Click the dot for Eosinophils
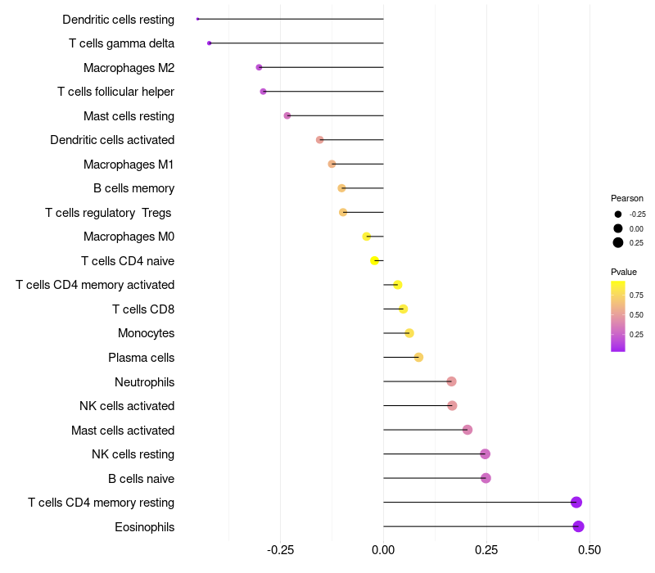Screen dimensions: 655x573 [x=578, y=526]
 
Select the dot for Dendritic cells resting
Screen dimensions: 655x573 [x=197, y=19]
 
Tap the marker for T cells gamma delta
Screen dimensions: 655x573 [x=210, y=43]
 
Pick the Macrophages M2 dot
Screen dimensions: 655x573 [x=259, y=67]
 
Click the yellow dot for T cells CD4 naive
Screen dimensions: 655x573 [x=374, y=260]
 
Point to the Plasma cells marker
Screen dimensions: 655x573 [x=418, y=357]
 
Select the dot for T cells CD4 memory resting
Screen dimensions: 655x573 [x=576, y=502]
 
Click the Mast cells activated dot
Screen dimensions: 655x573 [x=468, y=430]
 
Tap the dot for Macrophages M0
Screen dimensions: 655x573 [x=366, y=237]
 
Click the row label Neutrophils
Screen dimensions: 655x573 [x=145, y=382]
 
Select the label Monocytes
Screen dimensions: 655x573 [x=147, y=333]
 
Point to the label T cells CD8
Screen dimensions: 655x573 [x=143, y=309]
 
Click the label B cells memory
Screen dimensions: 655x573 [x=133, y=188]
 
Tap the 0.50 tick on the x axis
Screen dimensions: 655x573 [x=589, y=550]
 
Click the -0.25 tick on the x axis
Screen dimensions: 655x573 [x=280, y=550]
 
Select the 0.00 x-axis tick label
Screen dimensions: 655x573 [x=383, y=550]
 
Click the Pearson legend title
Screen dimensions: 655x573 [x=627, y=198]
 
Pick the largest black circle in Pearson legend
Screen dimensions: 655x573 [x=618, y=242]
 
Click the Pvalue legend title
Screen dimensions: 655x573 [x=624, y=272]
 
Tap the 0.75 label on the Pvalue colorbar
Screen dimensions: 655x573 [x=636, y=296]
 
